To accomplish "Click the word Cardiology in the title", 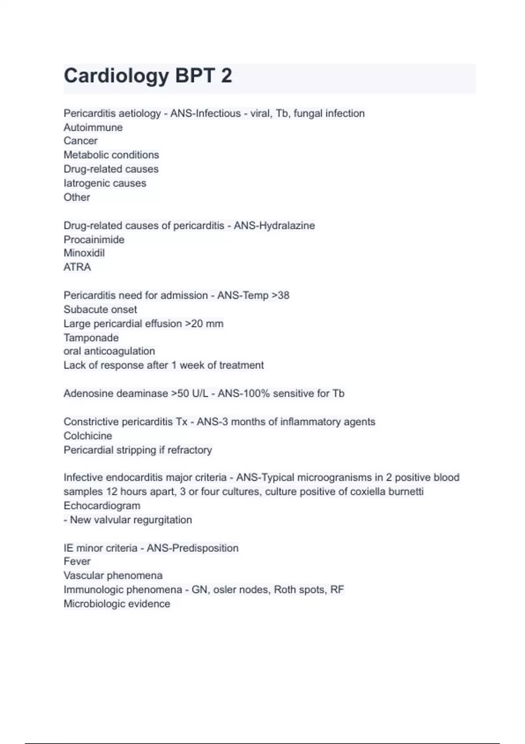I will coord(116,76).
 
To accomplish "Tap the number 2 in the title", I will coord(226,76).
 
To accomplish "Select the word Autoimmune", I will coord(93,127).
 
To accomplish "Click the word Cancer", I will coord(80,141).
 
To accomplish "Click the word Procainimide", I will coord(94,239).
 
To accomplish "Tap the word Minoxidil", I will coord(84,253).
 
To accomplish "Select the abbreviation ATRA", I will coord(77,267).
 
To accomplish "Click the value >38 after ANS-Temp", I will coord(280,295).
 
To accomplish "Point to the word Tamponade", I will coord(91,337).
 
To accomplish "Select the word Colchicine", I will coord(87,435).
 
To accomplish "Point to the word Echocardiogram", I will coord(102,505).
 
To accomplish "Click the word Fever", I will coord(77,562).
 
